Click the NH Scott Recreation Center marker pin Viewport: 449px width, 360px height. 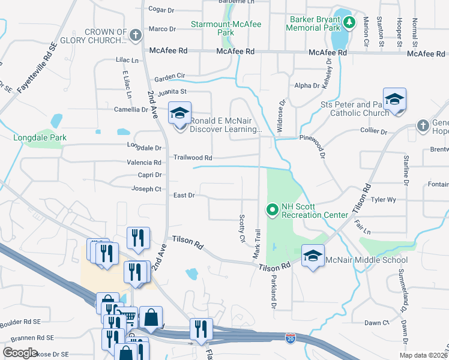pos(273,209)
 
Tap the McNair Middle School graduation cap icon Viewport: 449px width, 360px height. pos(313,257)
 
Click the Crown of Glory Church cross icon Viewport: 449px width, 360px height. pos(136,35)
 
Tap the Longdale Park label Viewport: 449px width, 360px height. pos(40,138)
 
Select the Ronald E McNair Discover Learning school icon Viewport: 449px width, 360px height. pos(179,114)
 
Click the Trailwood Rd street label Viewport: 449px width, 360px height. pos(193,158)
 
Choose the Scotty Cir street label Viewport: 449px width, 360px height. pos(242,229)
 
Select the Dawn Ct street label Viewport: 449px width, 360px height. pos(377,323)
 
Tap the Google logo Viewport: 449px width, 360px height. pos(20,353)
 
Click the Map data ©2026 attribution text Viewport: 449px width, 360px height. pos(423,355)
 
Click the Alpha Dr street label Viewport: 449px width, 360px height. pos(307,86)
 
